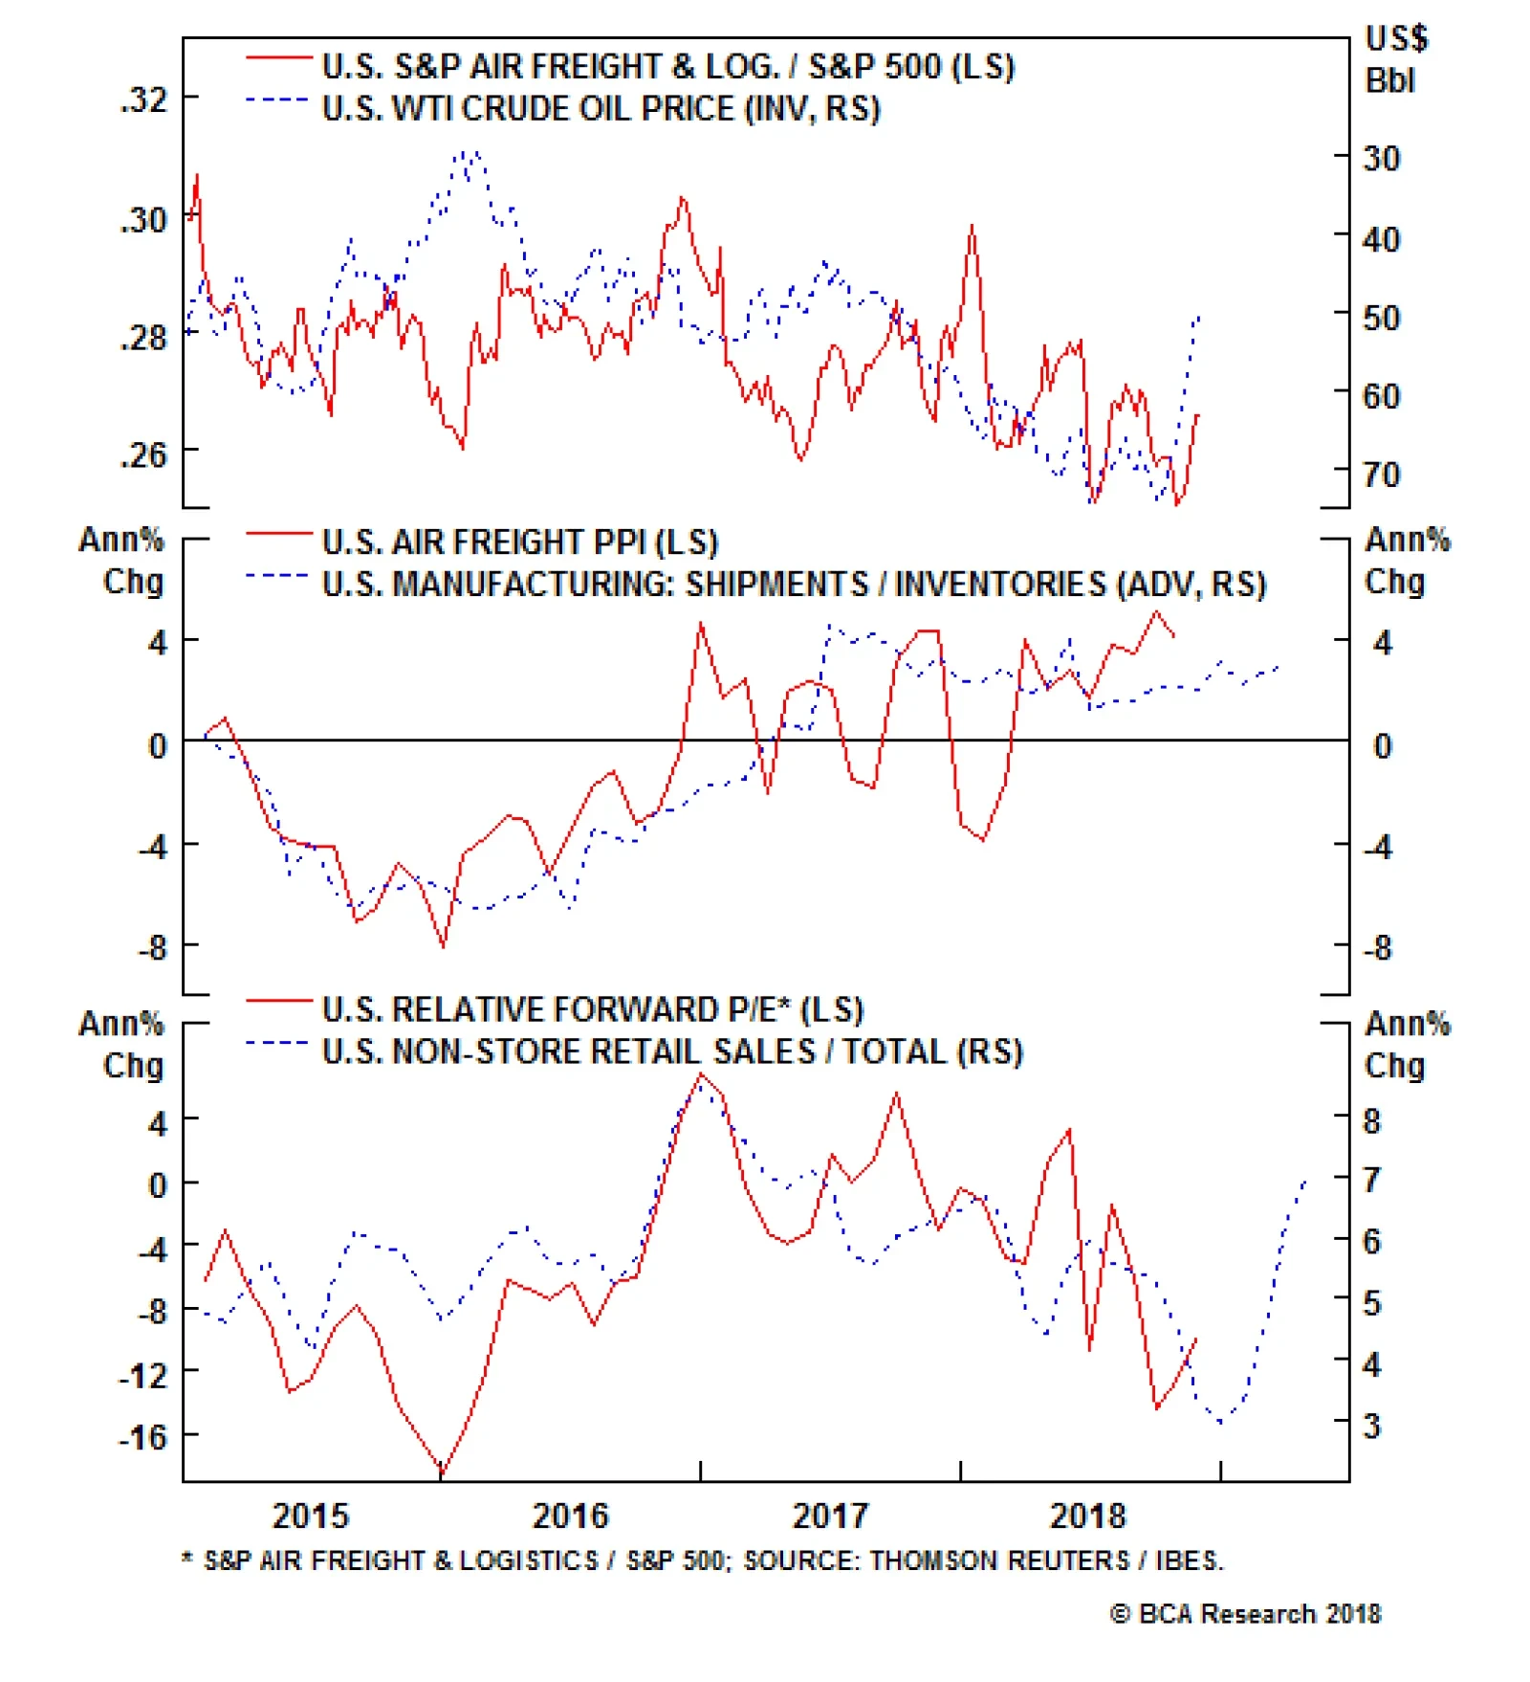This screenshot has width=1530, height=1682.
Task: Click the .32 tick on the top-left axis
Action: (142, 100)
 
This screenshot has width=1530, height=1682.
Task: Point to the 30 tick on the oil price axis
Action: (1381, 158)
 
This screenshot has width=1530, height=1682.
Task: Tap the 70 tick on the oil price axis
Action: (1381, 475)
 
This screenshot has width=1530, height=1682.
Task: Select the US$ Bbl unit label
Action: (1395, 59)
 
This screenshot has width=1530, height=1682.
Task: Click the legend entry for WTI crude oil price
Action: (601, 109)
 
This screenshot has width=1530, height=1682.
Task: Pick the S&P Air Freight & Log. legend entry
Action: (667, 67)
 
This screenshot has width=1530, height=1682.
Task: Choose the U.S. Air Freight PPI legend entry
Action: (519, 542)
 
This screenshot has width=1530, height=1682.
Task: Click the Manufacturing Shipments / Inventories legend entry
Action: (794, 584)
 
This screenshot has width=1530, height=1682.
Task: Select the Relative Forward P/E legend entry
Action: (592, 1009)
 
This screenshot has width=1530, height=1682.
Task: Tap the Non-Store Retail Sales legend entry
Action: (672, 1051)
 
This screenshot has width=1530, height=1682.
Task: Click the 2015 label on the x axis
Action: (310, 1516)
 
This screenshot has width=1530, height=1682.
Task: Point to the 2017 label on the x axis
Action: (830, 1516)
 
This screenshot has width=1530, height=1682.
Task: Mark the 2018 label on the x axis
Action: (1088, 1516)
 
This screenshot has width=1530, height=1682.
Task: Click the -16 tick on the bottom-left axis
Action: (142, 1436)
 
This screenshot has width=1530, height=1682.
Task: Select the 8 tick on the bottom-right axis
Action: (1371, 1121)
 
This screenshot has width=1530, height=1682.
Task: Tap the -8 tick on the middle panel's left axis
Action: (152, 948)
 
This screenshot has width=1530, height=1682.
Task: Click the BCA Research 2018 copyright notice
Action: (1245, 1614)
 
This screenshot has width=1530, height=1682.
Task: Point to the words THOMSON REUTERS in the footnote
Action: (999, 1560)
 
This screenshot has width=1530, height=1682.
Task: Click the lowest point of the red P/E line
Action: (441, 1473)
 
